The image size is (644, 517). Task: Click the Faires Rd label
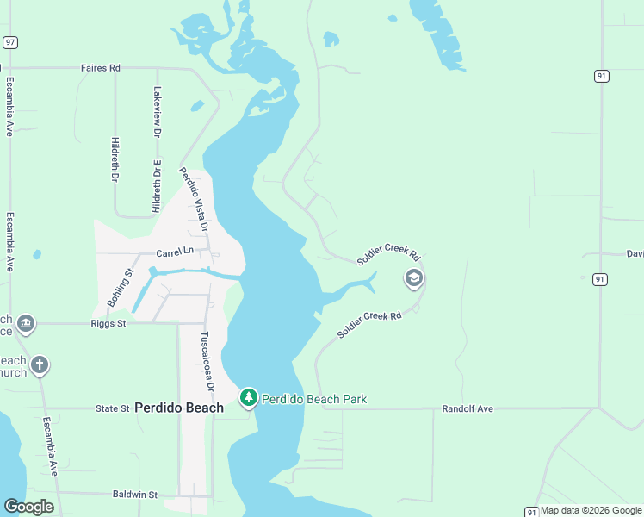(x=100, y=67)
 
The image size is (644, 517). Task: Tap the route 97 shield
(x=9, y=42)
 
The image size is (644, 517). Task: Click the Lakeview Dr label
(x=158, y=113)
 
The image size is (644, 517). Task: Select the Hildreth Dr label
(x=115, y=160)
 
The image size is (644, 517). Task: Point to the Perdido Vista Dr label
(x=194, y=200)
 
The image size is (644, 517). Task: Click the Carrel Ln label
(x=175, y=252)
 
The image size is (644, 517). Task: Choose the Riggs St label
(x=108, y=324)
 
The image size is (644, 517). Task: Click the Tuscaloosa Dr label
(x=207, y=362)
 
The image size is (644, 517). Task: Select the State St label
(x=112, y=408)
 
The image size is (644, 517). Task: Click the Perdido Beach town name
(x=179, y=408)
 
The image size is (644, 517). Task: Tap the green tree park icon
(x=249, y=397)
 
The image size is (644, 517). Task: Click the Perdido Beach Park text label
(x=314, y=399)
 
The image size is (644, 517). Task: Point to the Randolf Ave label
(x=468, y=408)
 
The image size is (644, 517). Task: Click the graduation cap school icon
(x=414, y=278)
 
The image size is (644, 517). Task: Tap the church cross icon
(x=39, y=366)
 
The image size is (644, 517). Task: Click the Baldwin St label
(x=135, y=495)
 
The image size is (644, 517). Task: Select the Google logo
(x=28, y=507)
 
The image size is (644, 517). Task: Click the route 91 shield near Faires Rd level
(x=601, y=76)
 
